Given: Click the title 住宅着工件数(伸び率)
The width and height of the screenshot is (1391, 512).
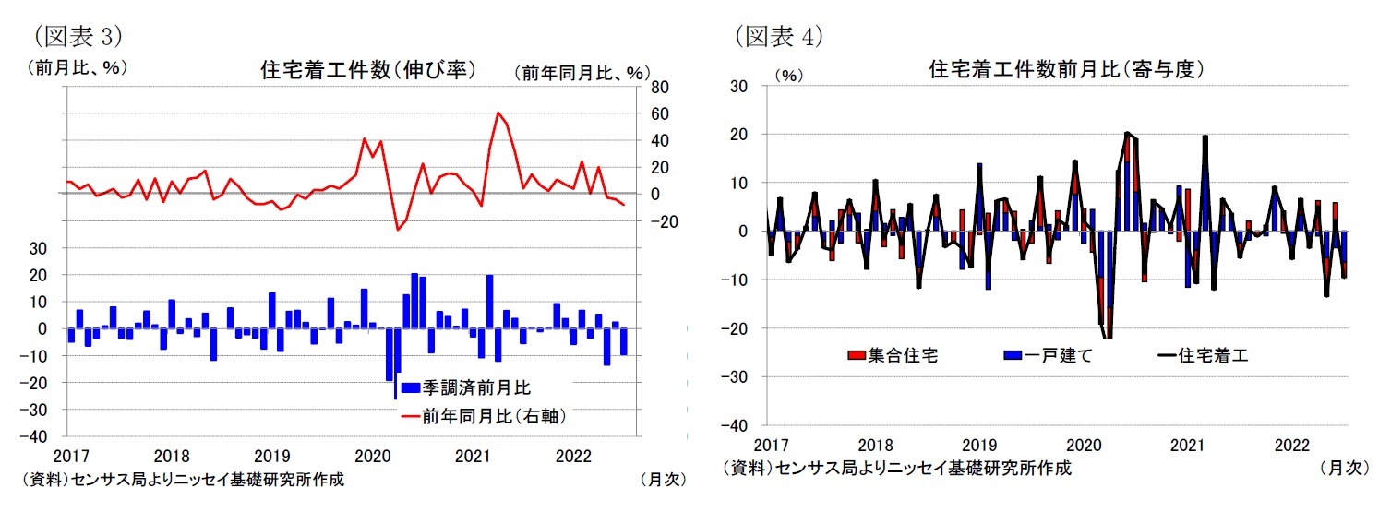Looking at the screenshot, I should click(368, 71).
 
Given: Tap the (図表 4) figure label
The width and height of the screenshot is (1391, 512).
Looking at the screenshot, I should click(778, 36).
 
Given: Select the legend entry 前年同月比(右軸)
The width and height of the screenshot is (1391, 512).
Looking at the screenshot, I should click(482, 416).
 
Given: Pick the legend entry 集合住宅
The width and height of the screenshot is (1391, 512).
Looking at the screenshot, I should click(892, 356).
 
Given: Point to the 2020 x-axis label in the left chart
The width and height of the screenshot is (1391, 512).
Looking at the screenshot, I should click(373, 456).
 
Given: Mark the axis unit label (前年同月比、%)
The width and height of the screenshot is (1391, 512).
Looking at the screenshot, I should click(582, 72).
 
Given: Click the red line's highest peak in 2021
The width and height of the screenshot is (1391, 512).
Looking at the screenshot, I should click(498, 113).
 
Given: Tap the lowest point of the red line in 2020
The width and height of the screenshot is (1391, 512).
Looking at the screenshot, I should click(398, 230).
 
